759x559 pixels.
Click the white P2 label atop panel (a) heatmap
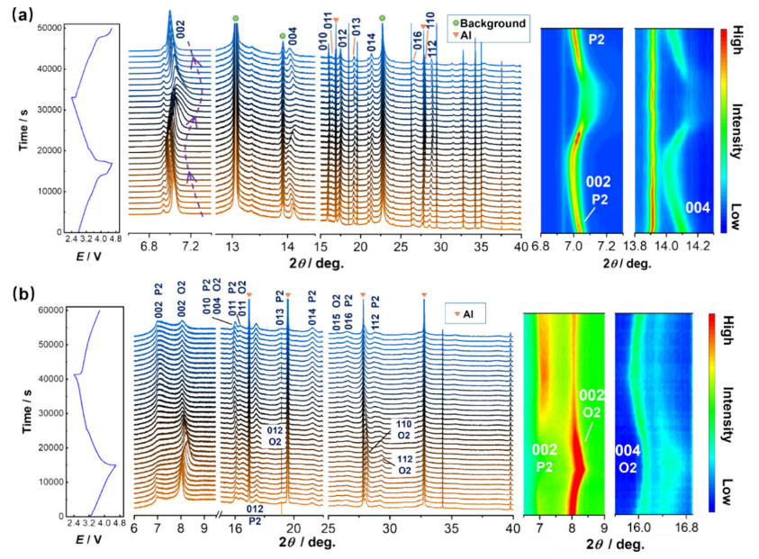[x=595, y=40]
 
